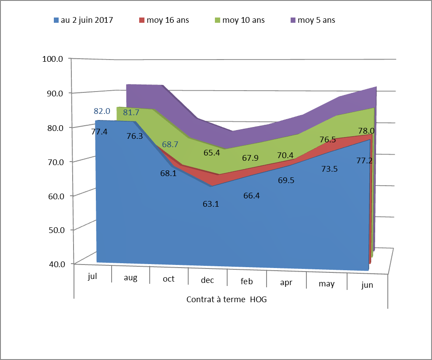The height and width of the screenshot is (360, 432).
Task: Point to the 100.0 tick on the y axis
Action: coord(53,59)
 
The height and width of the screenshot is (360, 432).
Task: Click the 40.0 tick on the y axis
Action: coord(55,264)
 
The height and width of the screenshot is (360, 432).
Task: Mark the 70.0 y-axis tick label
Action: coord(55,162)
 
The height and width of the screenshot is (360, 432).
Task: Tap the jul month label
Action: coord(92,276)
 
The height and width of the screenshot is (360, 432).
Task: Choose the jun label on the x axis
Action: coord(367,285)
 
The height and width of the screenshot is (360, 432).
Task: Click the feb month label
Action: coord(247,281)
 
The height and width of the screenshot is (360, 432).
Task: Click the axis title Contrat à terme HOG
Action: coord(226,300)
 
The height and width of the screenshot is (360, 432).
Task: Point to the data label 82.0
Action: coord(101,111)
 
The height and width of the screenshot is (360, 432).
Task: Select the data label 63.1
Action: coord(210,204)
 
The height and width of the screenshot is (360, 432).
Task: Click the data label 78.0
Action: coord(366,131)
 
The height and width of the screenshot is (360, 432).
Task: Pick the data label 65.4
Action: coord(212,152)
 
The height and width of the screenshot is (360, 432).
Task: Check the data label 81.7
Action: coord(131,113)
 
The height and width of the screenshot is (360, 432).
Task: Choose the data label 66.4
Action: coord(251,196)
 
